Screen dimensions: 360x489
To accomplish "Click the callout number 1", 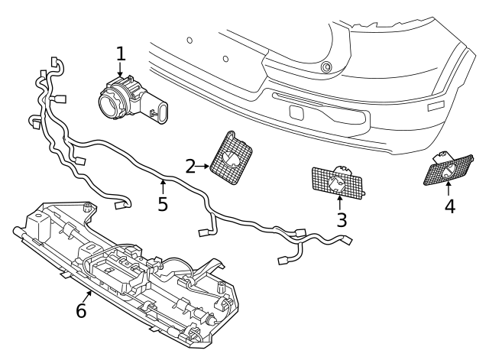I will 120,54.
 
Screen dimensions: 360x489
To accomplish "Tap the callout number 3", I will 342,220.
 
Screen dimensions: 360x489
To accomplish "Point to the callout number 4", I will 449,206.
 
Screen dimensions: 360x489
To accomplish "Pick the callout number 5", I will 162,204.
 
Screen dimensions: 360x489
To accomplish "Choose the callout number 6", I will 81,311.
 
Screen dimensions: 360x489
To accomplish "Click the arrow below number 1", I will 120,73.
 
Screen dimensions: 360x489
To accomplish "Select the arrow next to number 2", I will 206,164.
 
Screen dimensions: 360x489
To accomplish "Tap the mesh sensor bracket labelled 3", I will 338,181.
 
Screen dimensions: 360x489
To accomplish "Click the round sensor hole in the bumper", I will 327,67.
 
